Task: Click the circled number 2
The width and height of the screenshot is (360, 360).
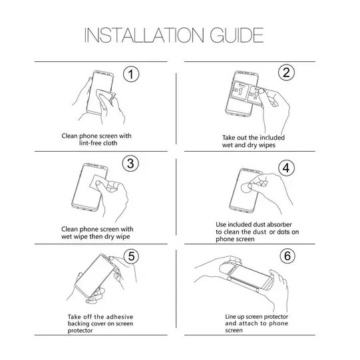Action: tap(287, 73)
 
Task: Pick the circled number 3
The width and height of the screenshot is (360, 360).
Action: tap(131, 163)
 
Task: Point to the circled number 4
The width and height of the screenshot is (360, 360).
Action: tap(287, 166)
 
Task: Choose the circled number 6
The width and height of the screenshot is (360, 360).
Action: tap(287, 256)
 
